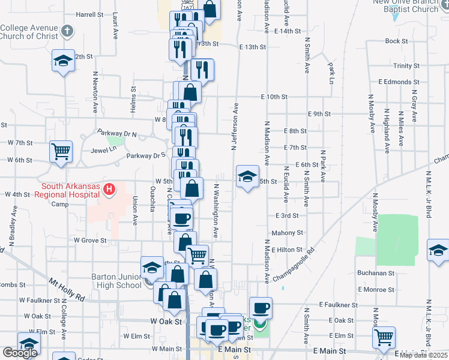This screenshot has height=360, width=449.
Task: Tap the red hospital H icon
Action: (x=109, y=190)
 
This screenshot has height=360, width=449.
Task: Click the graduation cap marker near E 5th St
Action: (x=247, y=176)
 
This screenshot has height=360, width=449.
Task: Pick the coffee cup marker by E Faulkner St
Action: (x=261, y=308)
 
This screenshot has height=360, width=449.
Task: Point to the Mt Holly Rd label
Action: (x=67, y=289)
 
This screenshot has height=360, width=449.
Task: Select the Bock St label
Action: (x=396, y=41)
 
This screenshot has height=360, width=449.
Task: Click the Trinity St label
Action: (x=406, y=66)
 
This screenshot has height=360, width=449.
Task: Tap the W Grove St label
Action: (x=90, y=240)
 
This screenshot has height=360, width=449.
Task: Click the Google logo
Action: (x=20, y=353)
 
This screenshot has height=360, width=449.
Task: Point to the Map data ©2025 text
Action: (x=423, y=355)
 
